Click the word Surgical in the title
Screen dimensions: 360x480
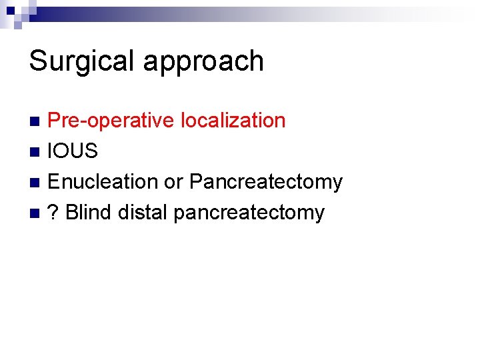83,61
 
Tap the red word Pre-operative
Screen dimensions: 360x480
111,121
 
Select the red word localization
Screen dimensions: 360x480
233,121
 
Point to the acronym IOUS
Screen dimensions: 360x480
73,151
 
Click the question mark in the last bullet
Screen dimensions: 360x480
53,212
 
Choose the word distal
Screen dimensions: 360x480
143,212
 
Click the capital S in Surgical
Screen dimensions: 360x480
39,61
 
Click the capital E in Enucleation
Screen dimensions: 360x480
54,181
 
